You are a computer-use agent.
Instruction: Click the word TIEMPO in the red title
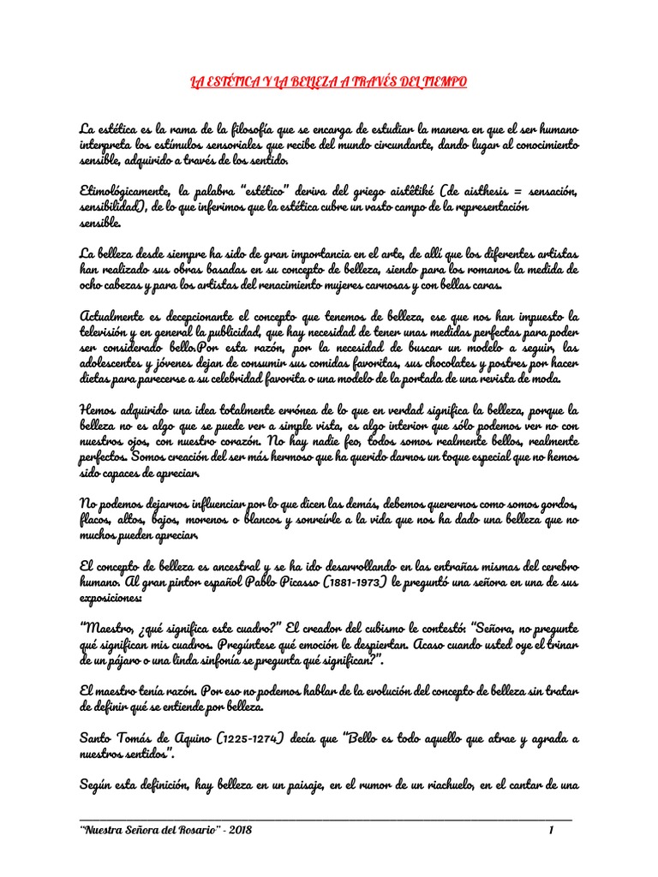(x=441, y=82)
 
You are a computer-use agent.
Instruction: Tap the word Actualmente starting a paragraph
(x=116, y=318)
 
